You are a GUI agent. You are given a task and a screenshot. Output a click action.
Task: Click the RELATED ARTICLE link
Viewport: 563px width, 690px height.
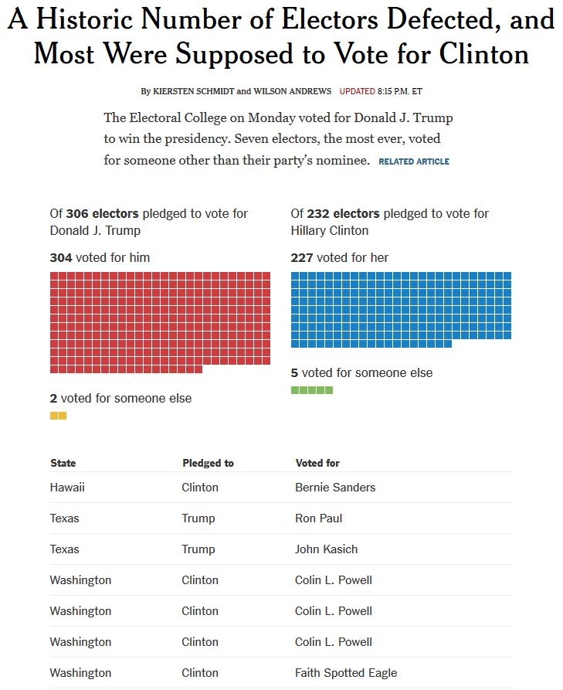(414, 161)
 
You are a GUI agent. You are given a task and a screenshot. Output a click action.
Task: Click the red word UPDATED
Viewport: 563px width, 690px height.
(357, 91)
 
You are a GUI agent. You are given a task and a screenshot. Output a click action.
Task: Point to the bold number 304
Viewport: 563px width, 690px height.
(61, 257)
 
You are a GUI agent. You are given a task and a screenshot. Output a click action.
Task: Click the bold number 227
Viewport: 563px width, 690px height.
(302, 257)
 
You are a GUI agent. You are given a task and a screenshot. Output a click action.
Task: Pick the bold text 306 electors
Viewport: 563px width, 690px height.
(103, 213)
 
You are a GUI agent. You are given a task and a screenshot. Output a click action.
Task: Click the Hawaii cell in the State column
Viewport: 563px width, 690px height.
(67, 488)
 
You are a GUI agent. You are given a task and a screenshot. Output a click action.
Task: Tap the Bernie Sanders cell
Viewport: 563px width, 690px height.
(335, 488)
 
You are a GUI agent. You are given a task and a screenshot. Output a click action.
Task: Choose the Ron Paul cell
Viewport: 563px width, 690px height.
(318, 518)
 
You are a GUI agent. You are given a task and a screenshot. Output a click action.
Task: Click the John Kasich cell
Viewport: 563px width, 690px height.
(326, 549)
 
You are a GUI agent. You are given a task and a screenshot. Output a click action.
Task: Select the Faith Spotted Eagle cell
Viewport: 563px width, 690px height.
(346, 673)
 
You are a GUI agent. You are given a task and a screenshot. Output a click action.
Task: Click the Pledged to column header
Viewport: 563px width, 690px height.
(208, 463)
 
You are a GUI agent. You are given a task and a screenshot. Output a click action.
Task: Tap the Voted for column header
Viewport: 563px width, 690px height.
(317, 463)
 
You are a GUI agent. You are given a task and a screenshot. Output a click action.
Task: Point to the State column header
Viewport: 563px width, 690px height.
(63, 463)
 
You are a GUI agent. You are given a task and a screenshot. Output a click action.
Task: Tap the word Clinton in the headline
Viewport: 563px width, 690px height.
(484, 53)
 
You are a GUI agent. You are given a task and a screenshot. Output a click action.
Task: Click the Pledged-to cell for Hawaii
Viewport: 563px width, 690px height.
(200, 488)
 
